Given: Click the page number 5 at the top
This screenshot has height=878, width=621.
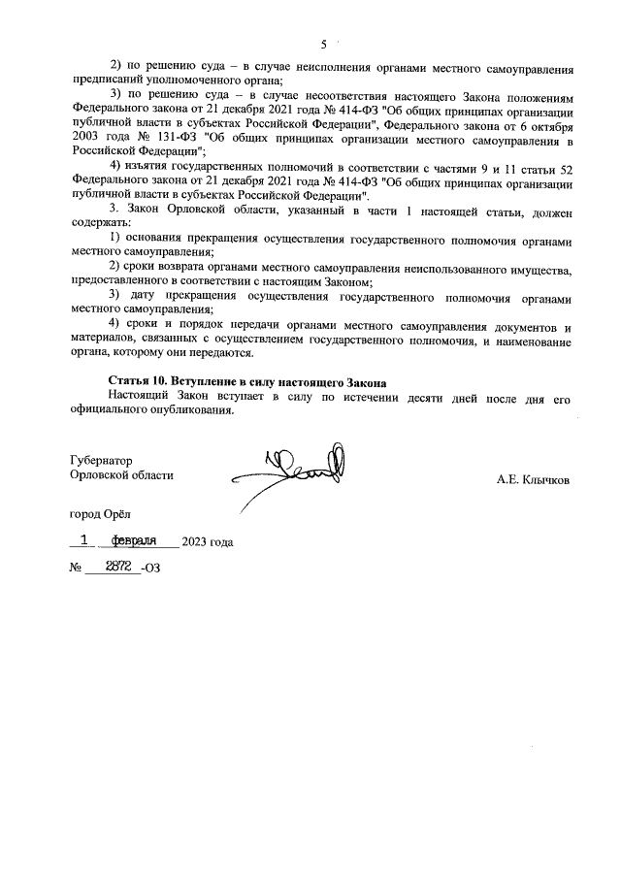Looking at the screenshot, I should point(324,44).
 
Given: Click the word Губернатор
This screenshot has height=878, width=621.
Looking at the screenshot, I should point(102,459).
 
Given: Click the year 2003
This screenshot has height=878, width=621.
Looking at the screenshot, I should point(85,140).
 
